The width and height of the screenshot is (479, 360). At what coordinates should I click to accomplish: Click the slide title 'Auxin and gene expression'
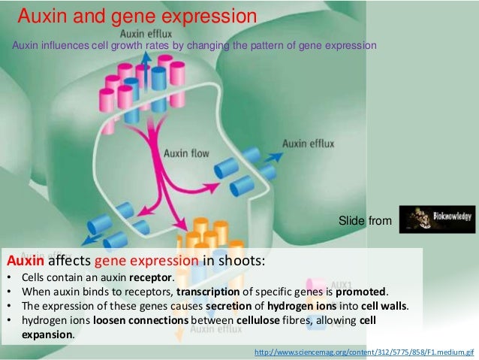[x=136, y=15]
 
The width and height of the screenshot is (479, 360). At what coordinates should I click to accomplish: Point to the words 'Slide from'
[x=365, y=220]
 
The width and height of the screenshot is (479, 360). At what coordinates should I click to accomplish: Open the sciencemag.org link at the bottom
[x=365, y=352]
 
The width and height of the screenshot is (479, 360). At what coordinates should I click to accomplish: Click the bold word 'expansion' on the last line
[x=43, y=334]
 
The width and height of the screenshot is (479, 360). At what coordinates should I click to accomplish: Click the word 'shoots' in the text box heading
[x=239, y=262]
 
